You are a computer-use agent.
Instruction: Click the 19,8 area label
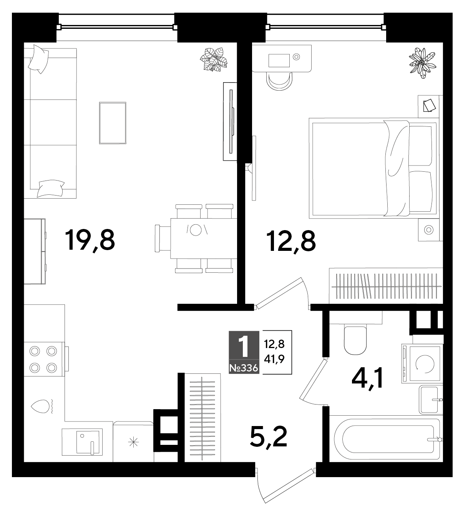[90, 240]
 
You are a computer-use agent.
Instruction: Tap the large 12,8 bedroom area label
[291, 241]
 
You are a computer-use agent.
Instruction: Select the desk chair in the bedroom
[280, 81]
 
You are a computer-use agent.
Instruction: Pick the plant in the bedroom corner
[422, 63]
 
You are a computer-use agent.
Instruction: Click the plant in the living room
[214, 59]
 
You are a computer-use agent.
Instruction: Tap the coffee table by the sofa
[113, 123]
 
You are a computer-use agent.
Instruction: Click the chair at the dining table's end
[163, 238]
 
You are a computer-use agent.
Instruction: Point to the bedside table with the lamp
[429, 230]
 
